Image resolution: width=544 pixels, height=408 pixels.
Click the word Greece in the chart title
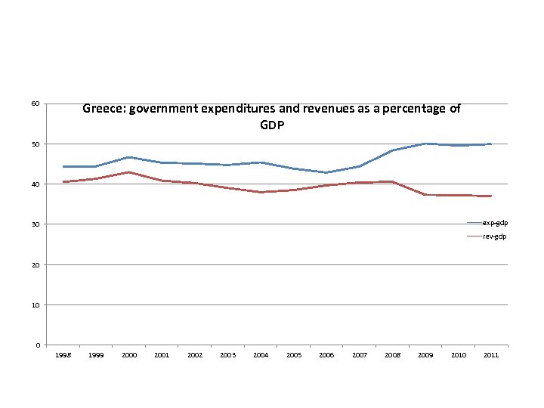click(x=104, y=109)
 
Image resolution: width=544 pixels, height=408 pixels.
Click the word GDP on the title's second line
click(x=272, y=125)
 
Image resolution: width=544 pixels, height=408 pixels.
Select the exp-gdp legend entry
click(x=494, y=223)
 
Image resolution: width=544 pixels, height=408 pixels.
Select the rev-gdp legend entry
click(x=494, y=236)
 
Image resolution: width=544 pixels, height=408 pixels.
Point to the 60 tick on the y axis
click(x=36, y=104)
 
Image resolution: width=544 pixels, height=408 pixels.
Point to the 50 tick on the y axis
click(x=36, y=144)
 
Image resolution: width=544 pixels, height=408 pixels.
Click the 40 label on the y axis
click(x=36, y=184)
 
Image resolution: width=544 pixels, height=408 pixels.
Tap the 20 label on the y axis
click(x=36, y=264)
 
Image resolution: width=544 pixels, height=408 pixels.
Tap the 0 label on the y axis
click(x=38, y=345)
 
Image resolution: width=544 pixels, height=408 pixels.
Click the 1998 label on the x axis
click(x=63, y=354)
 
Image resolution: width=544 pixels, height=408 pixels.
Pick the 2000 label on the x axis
click(x=129, y=354)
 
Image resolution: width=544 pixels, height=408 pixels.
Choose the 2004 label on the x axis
click(x=261, y=354)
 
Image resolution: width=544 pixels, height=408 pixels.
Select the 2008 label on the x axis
click(x=392, y=354)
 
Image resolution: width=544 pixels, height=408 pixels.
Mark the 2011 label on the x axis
click(x=490, y=354)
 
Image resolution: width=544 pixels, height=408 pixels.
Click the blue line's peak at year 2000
click(x=129, y=157)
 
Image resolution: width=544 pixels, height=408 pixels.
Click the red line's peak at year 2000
click(x=129, y=172)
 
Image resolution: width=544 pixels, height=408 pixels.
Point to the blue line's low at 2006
click(x=326, y=172)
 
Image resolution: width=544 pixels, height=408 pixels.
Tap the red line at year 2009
click(x=425, y=194)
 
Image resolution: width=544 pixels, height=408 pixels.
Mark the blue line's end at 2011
click(x=491, y=144)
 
